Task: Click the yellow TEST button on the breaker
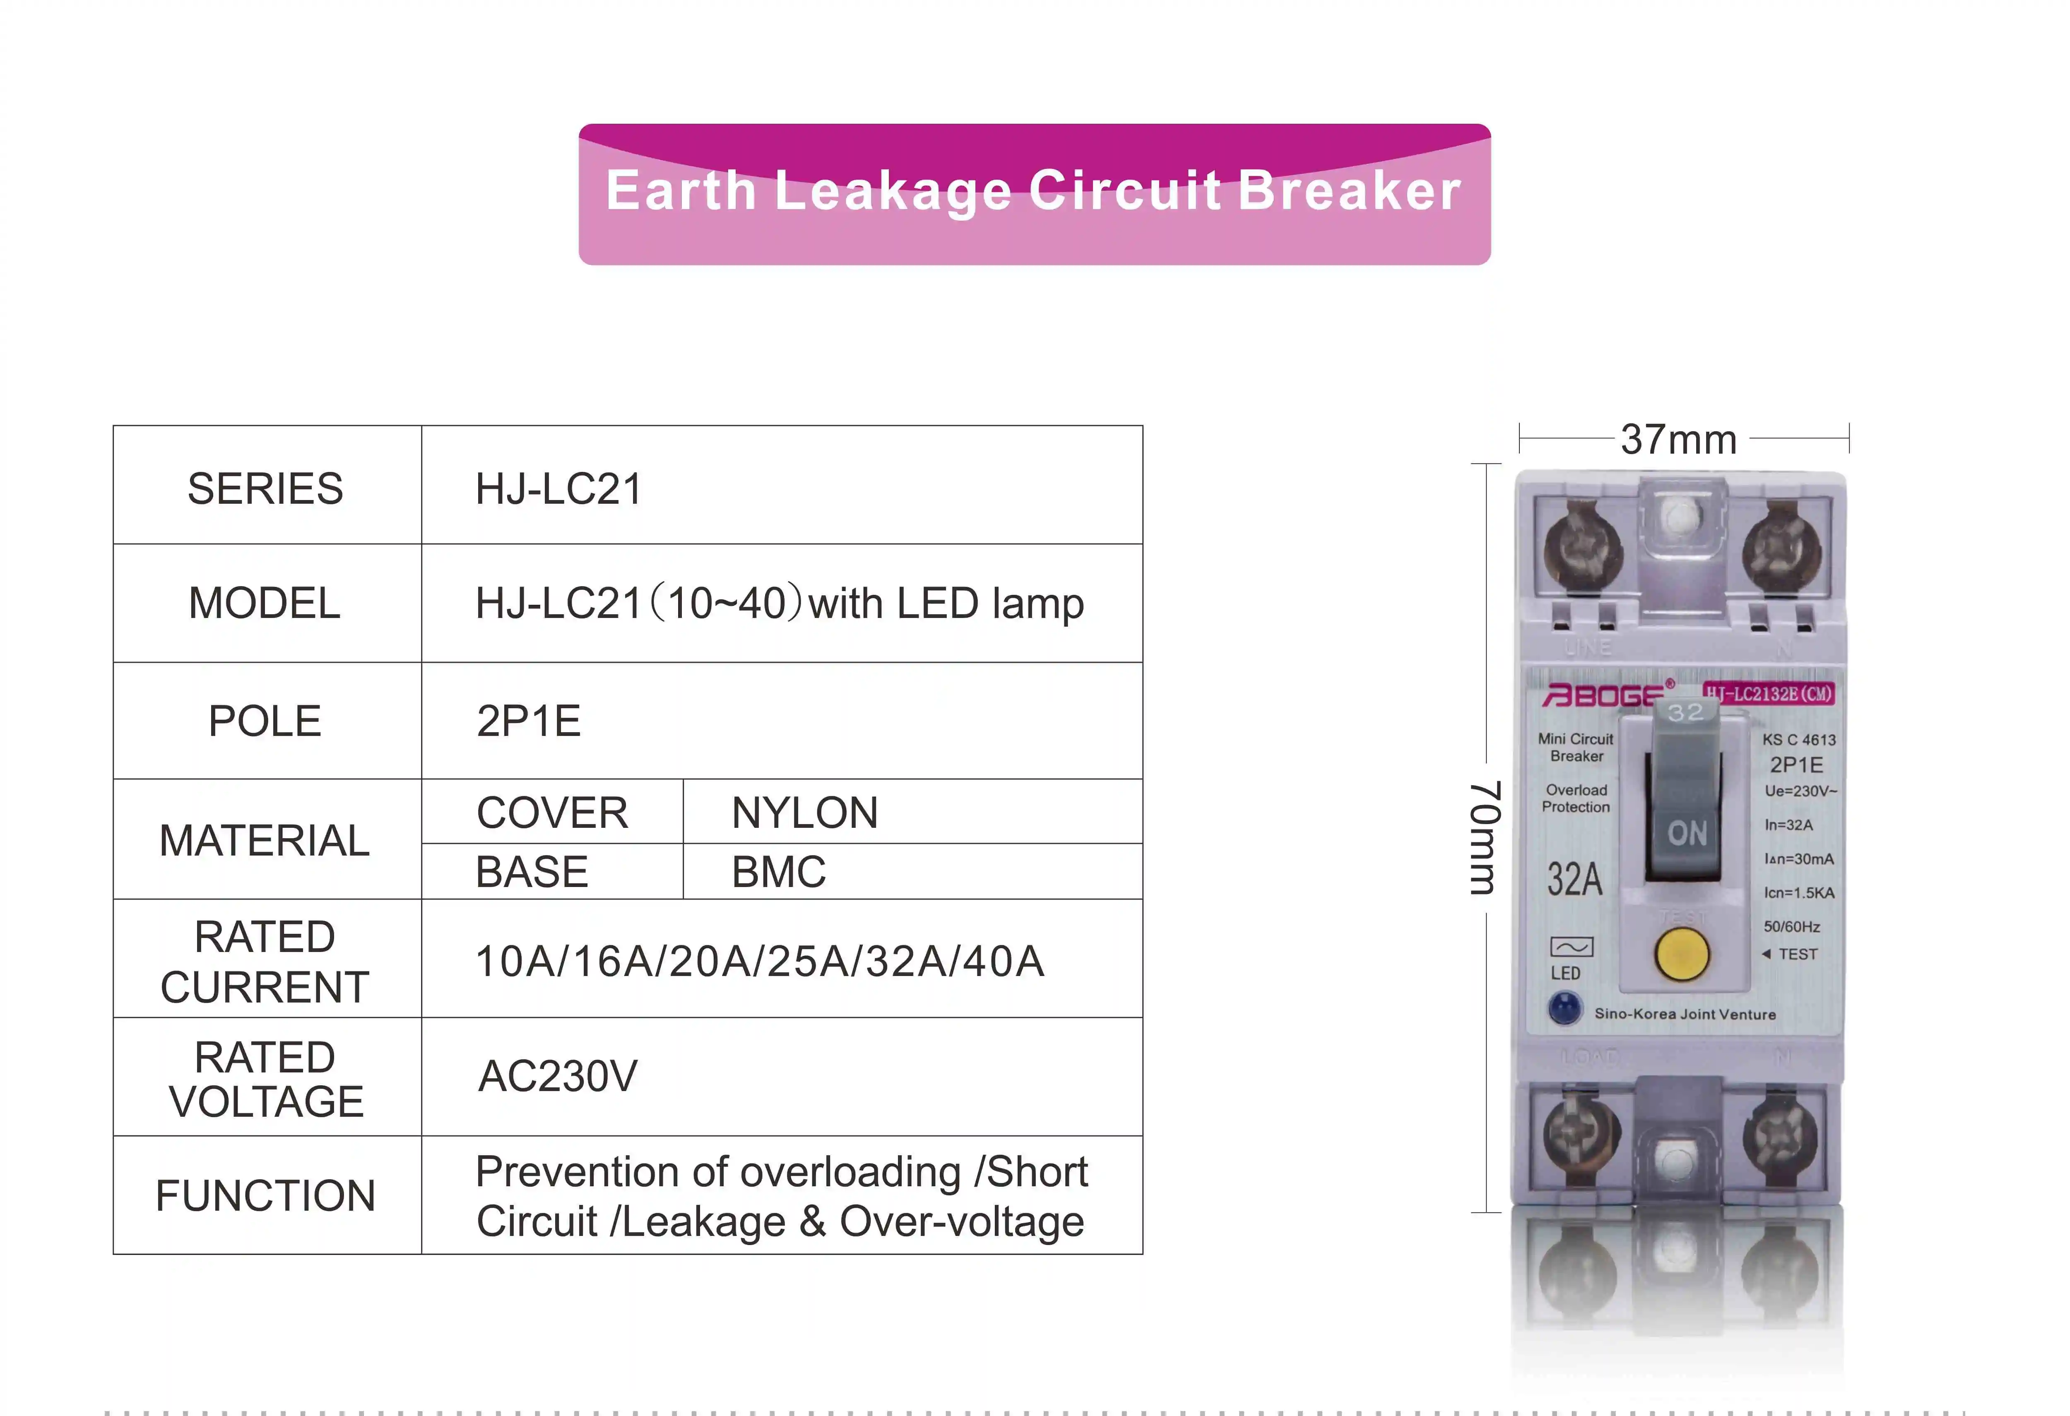click(1682, 953)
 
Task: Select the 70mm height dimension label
click(1485, 837)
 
